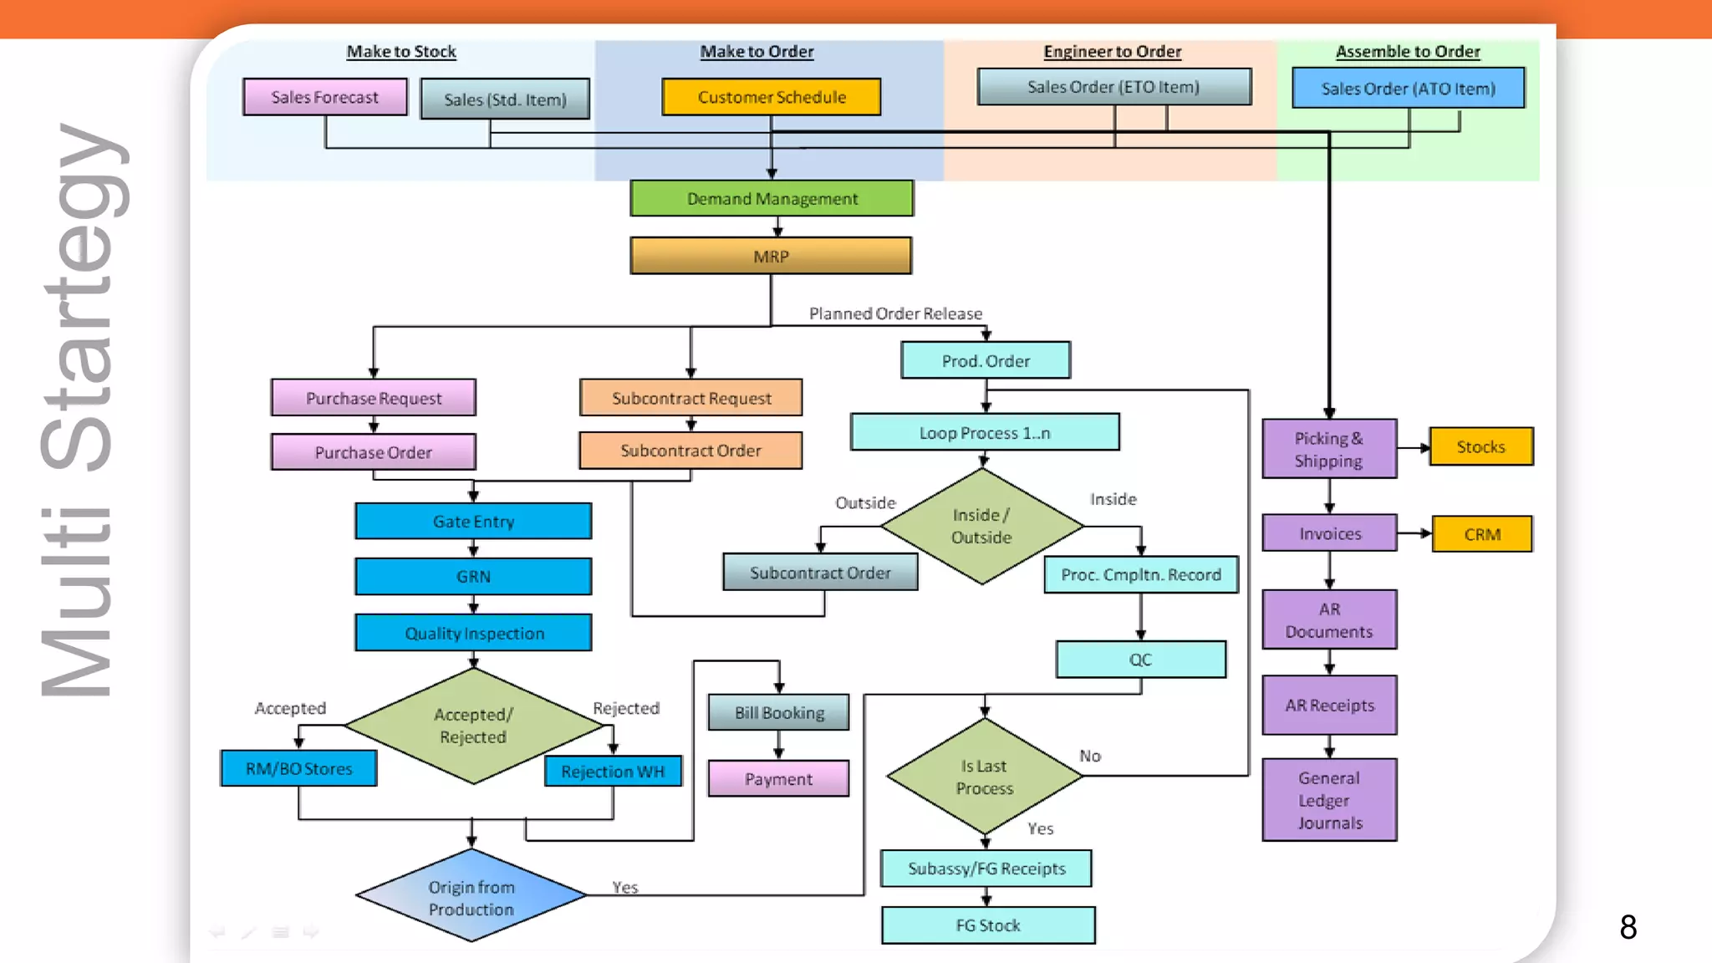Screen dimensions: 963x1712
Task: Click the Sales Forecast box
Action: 325,97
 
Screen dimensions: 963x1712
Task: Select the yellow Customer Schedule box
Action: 771,97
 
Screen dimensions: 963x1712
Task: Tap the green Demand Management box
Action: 772,199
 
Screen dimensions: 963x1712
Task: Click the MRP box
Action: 771,257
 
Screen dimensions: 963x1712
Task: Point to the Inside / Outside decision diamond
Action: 981,526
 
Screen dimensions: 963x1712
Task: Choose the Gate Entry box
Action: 473,522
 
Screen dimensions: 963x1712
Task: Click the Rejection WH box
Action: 613,771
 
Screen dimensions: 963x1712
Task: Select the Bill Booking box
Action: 779,713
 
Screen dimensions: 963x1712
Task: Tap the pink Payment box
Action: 778,779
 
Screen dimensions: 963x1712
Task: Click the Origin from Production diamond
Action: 471,897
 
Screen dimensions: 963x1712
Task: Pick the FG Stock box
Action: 988,925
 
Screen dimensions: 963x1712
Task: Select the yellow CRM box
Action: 1482,534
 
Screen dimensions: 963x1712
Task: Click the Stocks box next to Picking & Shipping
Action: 1480,446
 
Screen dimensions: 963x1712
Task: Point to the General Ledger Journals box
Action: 1329,800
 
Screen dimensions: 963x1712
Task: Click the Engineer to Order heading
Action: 1112,52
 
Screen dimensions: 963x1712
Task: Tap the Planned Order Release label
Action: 895,313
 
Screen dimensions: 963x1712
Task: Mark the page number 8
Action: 1628,926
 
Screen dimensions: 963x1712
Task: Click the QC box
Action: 1140,660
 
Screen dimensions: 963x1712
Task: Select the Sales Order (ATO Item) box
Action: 1408,89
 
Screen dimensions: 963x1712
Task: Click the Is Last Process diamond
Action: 985,777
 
